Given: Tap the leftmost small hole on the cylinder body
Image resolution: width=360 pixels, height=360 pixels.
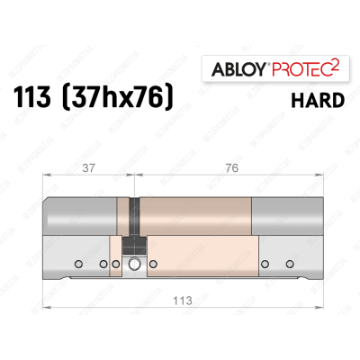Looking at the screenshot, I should (x=79, y=264).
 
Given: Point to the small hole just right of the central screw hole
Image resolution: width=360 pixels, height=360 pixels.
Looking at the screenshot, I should (x=150, y=264).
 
